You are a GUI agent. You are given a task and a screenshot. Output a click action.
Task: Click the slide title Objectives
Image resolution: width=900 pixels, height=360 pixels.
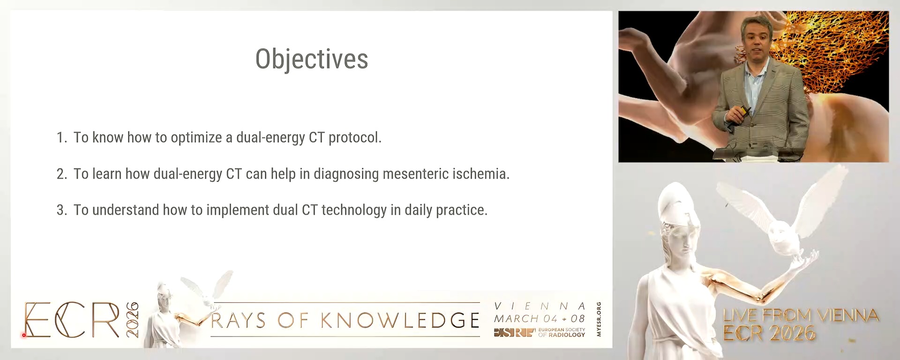pyautogui.click(x=312, y=60)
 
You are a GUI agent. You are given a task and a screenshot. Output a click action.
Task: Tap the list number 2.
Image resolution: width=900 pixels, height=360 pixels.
pyautogui.click(x=61, y=174)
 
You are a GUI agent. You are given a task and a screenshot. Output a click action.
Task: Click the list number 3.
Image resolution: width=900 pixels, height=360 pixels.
pyautogui.click(x=61, y=210)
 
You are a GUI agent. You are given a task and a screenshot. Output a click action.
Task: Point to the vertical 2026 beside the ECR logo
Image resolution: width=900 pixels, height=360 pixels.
pyautogui.click(x=133, y=320)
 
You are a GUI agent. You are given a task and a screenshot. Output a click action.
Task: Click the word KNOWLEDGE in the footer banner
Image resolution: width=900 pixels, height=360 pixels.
pyautogui.click(x=400, y=321)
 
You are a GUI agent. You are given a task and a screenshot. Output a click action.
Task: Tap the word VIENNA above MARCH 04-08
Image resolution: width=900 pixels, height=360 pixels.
pyautogui.click(x=540, y=306)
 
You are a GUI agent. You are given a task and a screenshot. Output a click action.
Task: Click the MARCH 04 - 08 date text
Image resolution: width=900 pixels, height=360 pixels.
pyautogui.click(x=540, y=319)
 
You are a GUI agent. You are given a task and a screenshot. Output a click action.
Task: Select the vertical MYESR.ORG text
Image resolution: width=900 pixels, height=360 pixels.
pyautogui.click(x=599, y=319)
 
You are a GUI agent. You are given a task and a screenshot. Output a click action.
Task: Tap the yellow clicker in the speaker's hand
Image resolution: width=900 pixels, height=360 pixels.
pyautogui.click(x=743, y=111)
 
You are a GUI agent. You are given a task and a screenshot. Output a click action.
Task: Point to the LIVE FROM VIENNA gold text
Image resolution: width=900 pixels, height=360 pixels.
pyautogui.click(x=801, y=315)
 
